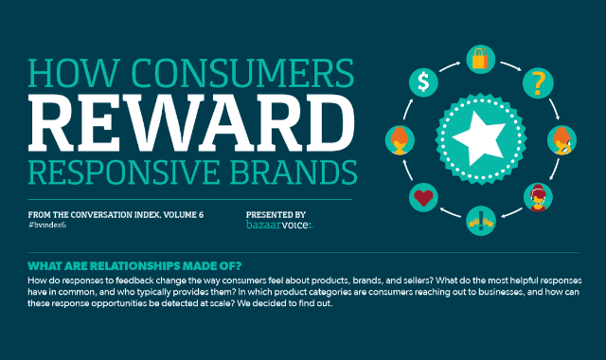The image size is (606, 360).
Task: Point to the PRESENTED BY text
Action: (275, 214)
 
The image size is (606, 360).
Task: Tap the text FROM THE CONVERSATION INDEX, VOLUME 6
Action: (115, 214)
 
